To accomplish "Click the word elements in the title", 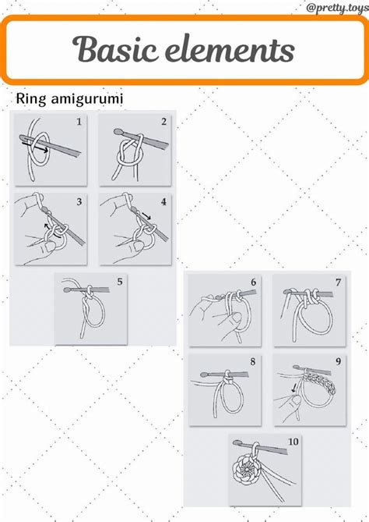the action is pyautogui.click(x=230, y=49).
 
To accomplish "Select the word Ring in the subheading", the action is pyautogui.click(x=31, y=99).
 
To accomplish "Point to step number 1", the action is pyautogui.click(x=79, y=122).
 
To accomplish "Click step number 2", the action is pyautogui.click(x=163, y=122).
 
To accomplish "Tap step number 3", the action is pyautogui.click(x=79, y=202).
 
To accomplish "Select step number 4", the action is pyautogui.click(x=163, y=202).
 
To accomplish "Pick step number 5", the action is pyautogui.click(x=120, y=282).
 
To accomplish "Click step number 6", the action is pyautogui.click(x=254, y=282).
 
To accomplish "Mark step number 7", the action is pyautogui.click(x=338, y=282).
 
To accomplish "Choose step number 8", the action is pyautogui.click(x=253, y=361).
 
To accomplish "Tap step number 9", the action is pyautogui.click(x=338, y=361).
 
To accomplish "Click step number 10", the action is pyautogui.click(x=293, y=442).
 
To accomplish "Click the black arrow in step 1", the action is pyautogui.click(x=35, y=147).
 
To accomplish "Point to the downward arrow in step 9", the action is pyautogui.click(x=294, y=388).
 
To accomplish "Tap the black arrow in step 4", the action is pyautogui.click(x=146, y=215).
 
